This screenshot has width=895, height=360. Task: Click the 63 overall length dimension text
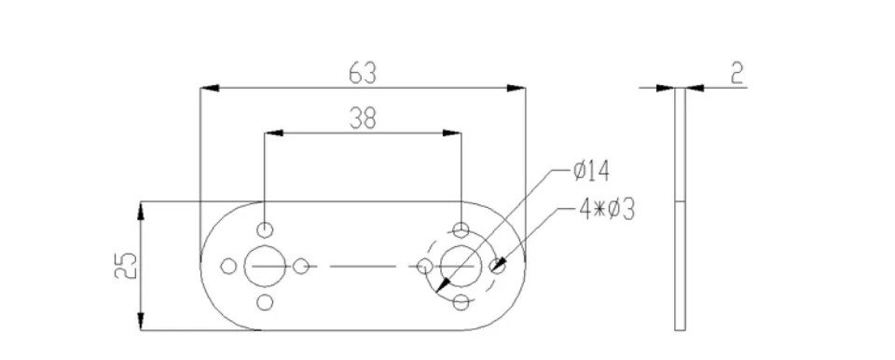pos(363,74)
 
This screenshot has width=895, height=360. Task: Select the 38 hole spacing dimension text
pos(363,118)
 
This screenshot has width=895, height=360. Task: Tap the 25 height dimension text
pos(126,265)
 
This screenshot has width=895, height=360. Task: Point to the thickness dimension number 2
pos(737,74)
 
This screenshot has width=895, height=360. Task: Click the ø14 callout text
pos(591,172)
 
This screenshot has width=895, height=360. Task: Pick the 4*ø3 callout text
pos(606,210)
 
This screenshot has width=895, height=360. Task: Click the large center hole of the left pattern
pos(265,266)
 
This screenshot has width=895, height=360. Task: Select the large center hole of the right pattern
pos(461,266)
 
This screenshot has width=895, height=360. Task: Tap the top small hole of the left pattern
pos(265,229)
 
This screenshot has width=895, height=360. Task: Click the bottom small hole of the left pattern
pos(265,302)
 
